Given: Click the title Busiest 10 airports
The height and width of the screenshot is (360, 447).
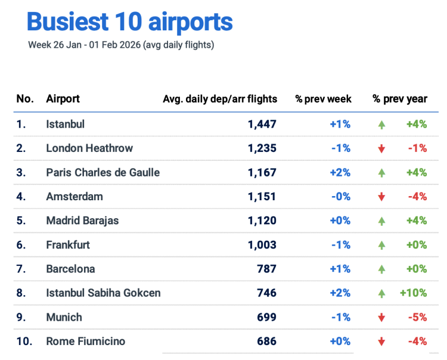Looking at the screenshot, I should pyautogui.click(x=129, y=22).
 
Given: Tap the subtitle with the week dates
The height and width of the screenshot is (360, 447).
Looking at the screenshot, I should pyautogui.click(x=121, y=45).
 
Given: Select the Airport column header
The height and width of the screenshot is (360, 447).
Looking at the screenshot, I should pyautogui.click(x=63, y=99).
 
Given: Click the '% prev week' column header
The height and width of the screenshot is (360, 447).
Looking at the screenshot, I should pyautogui.click(x=323, y=99).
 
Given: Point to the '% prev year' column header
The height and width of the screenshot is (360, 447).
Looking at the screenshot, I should pyautogui.click(x=400, y=99).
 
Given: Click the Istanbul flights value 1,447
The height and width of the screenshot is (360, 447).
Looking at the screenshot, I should pyautogui.click(x=262, y=124).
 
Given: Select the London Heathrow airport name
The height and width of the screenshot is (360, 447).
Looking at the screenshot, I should pyautogui.click(x=89, y=148).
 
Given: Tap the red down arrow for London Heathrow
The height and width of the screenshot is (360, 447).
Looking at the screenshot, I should pyautogui.click(x=381, y=148).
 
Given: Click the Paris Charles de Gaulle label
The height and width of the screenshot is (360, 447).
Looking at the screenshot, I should pyautogui.click(x=103, y=172).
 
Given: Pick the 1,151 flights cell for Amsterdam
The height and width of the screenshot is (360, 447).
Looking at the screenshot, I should pyautogui.click(x=262, y=196).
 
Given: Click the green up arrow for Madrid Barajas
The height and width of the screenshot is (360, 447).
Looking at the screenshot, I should pyautogui.click(x=381, y=221).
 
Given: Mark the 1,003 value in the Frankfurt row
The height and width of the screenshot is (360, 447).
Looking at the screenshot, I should pyautogui.click(x=262, y=244).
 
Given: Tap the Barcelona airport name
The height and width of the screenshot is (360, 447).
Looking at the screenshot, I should pyautogui.click(x=70, y=269).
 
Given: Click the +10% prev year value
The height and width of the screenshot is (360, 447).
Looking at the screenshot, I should pyautogui.click(x=413, y=293).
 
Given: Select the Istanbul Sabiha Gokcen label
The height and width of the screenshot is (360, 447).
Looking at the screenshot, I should pyautogui.click(x=103, y=293).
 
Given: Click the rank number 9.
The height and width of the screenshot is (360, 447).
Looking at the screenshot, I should pyautogui.click(x=21, y=317).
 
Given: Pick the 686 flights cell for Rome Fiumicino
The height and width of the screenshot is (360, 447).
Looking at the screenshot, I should pyautogui.click(x=266, y=342).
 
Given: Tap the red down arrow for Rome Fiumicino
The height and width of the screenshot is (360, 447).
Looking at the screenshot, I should pyautogui.click(x=381, y=342).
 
